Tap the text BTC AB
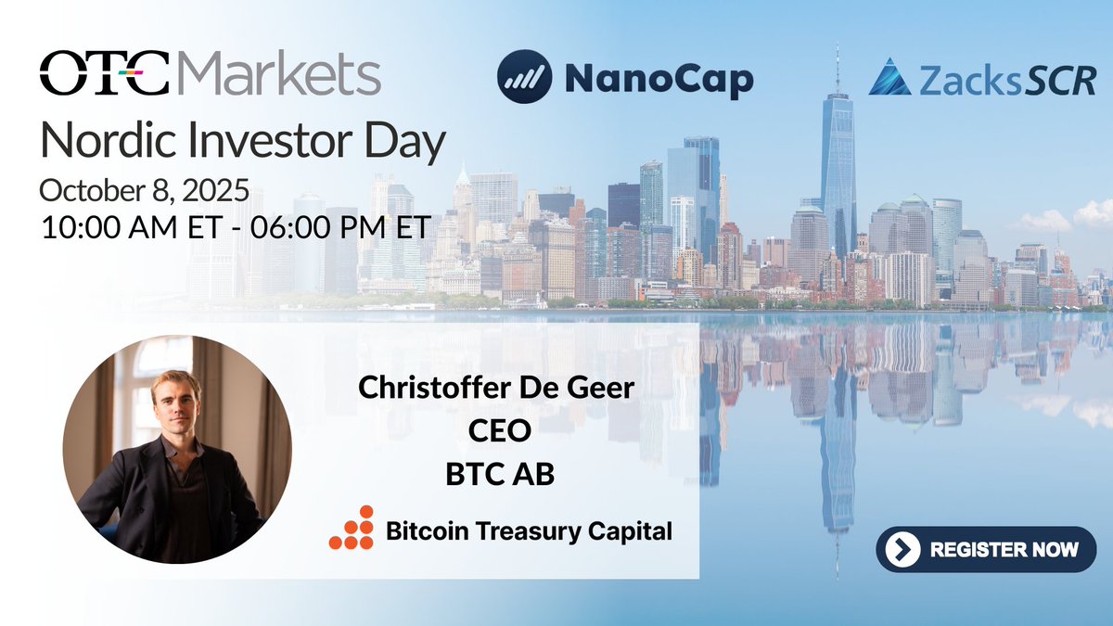[498, 474]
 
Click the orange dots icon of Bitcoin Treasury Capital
[352, 528]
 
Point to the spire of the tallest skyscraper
[837, 65]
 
